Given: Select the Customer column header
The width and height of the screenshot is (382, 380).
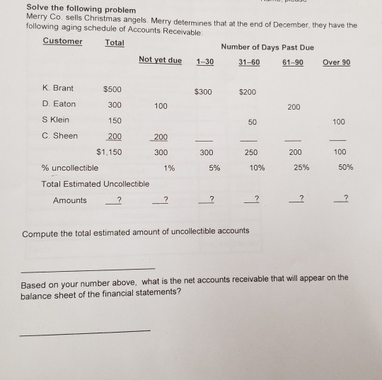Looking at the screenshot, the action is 62,41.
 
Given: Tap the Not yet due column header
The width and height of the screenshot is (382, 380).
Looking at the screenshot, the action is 160,61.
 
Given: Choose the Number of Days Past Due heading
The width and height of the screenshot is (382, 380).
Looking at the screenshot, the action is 266,47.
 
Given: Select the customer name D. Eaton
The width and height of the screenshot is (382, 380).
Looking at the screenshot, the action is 59,105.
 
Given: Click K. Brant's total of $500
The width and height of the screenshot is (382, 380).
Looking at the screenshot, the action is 112,90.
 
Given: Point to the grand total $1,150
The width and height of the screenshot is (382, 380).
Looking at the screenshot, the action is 109,152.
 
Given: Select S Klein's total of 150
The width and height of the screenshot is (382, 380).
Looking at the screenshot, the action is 113,120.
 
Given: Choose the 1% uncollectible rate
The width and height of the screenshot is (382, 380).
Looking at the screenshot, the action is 168,168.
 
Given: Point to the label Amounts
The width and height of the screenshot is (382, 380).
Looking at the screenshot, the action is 69,200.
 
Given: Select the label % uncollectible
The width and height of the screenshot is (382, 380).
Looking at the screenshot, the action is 69,168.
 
